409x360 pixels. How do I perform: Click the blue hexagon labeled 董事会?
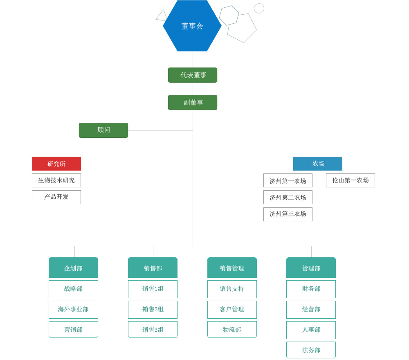(192, 25)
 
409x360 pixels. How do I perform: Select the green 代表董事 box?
(193, 75)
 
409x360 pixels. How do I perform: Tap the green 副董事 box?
(193, 103)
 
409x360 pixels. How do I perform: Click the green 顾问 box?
(103, 130)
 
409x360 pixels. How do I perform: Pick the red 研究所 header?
(56, 164)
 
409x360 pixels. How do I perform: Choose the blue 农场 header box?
(318, 164)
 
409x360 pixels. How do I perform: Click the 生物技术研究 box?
(56, 180)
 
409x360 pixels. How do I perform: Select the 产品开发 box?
(56, 197)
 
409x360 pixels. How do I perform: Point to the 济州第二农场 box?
(288, 197)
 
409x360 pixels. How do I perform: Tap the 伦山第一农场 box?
(351, 180)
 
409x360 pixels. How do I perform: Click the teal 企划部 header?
(73, 268)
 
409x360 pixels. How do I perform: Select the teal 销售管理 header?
(232, 268)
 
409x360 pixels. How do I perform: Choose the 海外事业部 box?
(73, 310)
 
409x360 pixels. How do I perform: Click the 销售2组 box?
(153, 310)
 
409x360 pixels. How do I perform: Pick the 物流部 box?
(232, 329)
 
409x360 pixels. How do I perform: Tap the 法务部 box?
(311, 350)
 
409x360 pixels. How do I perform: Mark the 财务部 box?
(311, 289)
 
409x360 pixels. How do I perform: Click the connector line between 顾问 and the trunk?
(160, 130)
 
